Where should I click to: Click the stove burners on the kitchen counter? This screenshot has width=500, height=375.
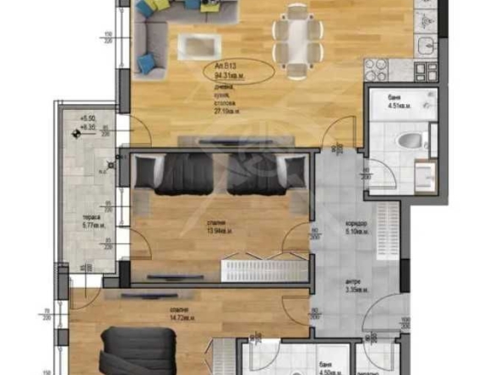pos(375,69)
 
